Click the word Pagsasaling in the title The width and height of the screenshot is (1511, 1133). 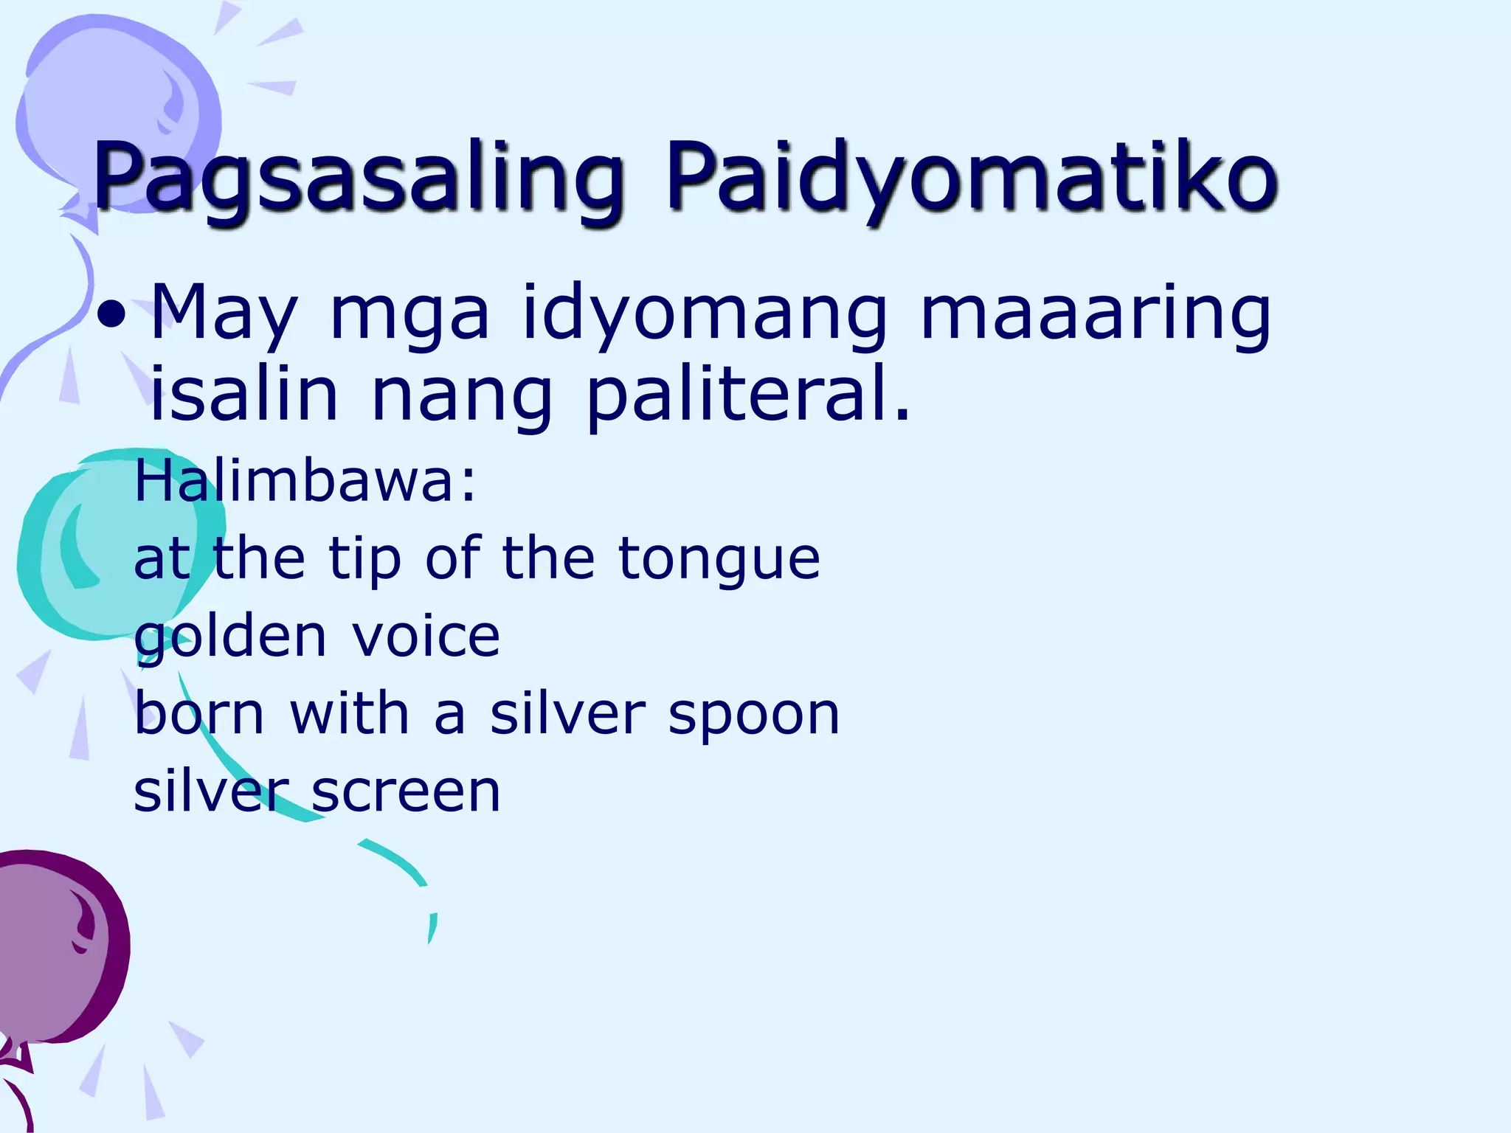[357, 177]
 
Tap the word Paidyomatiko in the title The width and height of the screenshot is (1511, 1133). [971, 177]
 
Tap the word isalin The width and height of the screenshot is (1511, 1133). [243, 394]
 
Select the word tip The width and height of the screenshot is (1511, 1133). [364, 559]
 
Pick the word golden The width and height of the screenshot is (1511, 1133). [229, 639]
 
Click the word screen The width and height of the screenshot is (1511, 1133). [406, 792]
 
